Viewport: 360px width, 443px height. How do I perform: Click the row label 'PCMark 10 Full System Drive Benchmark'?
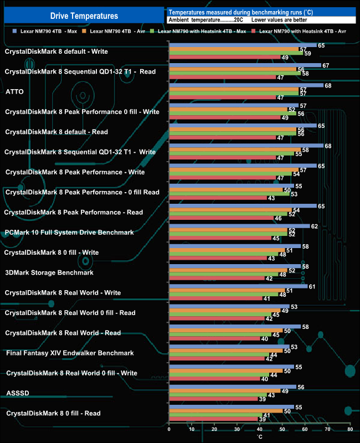pyautogui.click(x=69, y=233)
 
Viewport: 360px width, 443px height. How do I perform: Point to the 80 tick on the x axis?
pyautogui.click(x=349, y=429)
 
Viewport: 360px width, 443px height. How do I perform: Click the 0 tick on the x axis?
pyautogui.click(x=168, y=429)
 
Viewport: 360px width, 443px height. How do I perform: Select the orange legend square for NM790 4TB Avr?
pyautogui.click(x=85, y=32)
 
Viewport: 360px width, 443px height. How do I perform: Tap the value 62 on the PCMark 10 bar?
pyautogui.click(x=314, y=226)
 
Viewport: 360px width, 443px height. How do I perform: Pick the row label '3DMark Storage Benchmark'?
pyautogui.click(x=49, y=272)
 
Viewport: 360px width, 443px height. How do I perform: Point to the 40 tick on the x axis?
pyautogui.click(x=259, y=429)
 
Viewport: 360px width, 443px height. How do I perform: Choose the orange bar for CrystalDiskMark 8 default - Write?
pyautogui.click(x=233, y=50)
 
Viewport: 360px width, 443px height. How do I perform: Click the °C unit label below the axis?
pyautogui.click(x=259, y=437)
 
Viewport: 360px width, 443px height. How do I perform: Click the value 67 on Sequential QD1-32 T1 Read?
pyautogui.click(x=326, y=65)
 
